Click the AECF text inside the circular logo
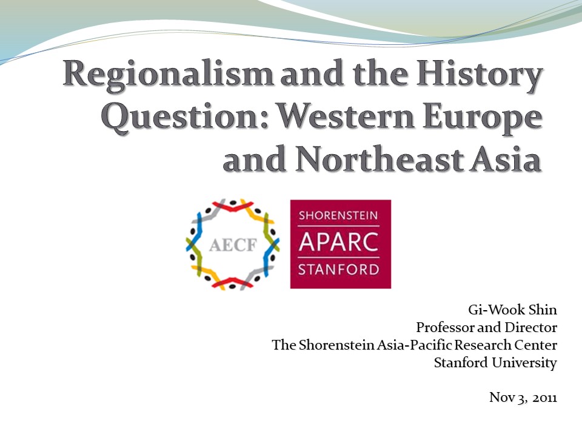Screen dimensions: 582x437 click(233, 245)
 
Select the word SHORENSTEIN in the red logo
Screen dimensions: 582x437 click(338, 215)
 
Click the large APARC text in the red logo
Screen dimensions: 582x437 click(338, 242)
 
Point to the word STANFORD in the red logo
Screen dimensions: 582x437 click(338, 269)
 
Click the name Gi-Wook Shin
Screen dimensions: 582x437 click(513, 310)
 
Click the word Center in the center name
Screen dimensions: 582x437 click(535, 345)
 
